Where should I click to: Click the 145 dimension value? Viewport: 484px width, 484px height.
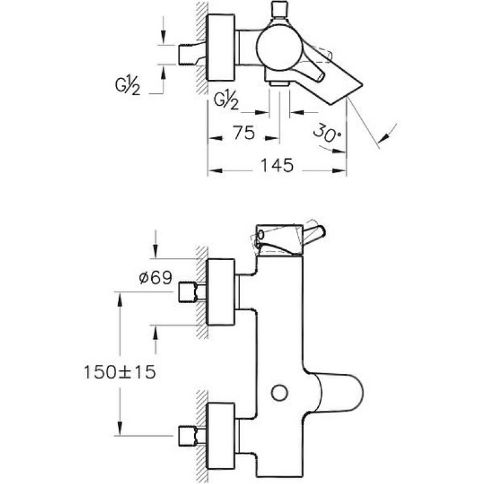pos(277,165)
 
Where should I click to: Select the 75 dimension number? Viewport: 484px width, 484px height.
pos(244,132)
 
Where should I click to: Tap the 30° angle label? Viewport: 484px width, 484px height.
pos(327,133)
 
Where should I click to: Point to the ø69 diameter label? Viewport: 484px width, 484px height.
pos(155,278)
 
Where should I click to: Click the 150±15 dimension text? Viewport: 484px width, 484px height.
pos(120,372)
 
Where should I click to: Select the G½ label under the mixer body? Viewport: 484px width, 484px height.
pos(226,100)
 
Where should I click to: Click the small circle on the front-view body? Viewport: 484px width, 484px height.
pos(280,393)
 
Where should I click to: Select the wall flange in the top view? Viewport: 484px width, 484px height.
pos(221,48)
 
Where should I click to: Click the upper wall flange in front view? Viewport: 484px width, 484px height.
pos(221,292)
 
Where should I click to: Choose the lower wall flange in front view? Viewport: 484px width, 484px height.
pos(221,436)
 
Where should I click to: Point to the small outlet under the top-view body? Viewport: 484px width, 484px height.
pos(279,83)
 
